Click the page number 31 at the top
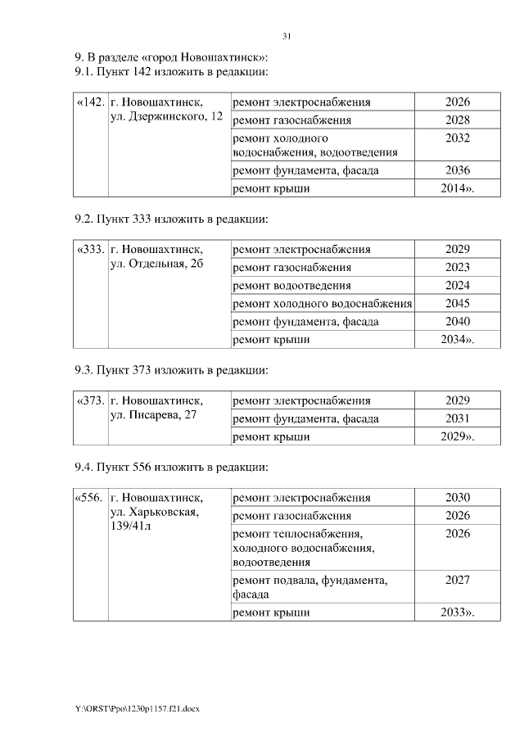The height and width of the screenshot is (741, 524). tap(287, 36)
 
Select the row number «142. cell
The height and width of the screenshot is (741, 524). tap(89, 102)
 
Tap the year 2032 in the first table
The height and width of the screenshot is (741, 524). tap(458, 138)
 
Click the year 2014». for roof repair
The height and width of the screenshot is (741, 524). tap(458, 188)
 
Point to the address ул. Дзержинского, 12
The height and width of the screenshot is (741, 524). tap(166, 119)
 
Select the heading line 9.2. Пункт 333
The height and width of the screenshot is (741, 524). tap(171, 219)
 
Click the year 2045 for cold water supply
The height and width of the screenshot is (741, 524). tap(458, 303)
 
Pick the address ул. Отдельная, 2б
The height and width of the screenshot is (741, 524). tap(156, 266)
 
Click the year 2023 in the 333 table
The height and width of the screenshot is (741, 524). tap(458, 267)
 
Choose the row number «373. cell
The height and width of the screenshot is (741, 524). tap(89, 401)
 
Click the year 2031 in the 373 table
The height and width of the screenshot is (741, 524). tap(458, 418)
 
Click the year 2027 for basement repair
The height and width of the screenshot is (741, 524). tap(458, 580)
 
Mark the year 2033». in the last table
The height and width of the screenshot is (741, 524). tap(458, 612)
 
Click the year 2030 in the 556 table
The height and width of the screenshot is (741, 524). tap(458, 497)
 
